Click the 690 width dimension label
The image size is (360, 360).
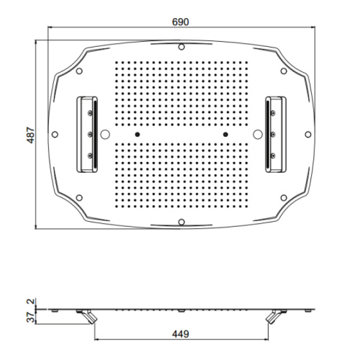pos(181,22)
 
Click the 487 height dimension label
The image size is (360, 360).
pos(31,135)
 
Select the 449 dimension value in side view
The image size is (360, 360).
pos(181,334)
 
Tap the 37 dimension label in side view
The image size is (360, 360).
pos(31,318)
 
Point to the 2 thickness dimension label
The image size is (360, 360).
pos(31,302)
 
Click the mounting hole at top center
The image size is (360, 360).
pos(181,47)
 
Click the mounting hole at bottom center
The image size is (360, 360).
pos(181,222)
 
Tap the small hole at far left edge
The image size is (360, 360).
pos(55,135)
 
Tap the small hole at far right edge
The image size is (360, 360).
pos(308,135)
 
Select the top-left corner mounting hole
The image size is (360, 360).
pos(79,71)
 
